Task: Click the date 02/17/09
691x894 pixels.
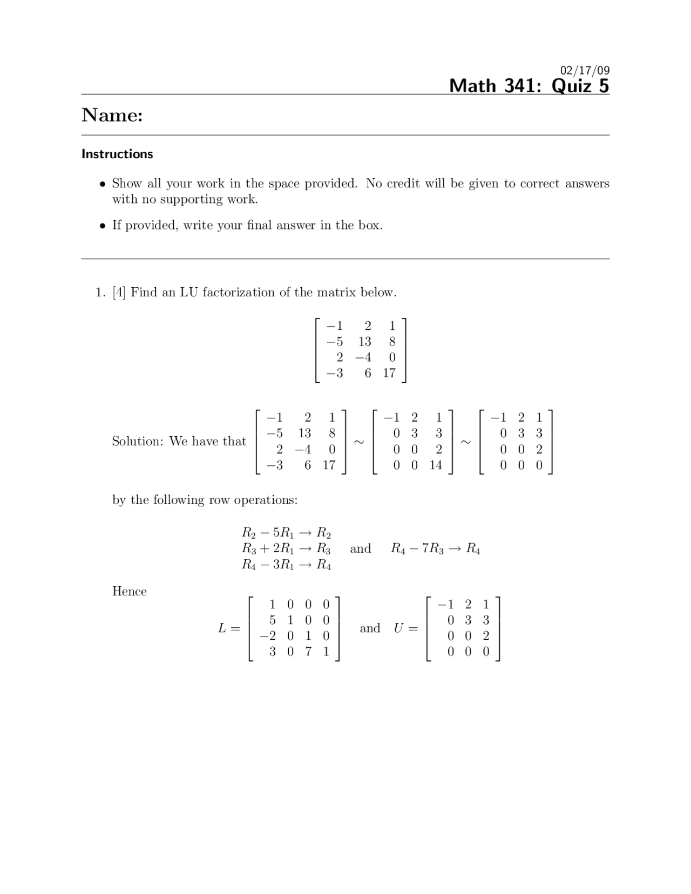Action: [585, 70]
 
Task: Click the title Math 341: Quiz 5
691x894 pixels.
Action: [529, 86]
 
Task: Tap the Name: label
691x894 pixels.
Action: [112, 115]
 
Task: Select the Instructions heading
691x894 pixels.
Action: [117, 154]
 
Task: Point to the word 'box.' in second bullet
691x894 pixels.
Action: [370, 225]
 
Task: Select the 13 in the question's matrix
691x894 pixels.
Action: [364, 342]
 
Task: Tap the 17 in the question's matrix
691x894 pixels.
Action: [389, 373]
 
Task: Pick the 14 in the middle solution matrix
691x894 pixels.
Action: [436, 465]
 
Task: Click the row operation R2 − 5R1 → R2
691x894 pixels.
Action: [286, 533]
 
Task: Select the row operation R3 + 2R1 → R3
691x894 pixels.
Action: [286, 549]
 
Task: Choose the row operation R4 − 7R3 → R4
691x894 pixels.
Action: [435, 549]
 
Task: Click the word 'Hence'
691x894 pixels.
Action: [130, 592]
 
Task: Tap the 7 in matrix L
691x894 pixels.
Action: [308, 652]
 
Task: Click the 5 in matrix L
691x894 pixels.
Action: [273, 620]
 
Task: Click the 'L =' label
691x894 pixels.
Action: [228, 628]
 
